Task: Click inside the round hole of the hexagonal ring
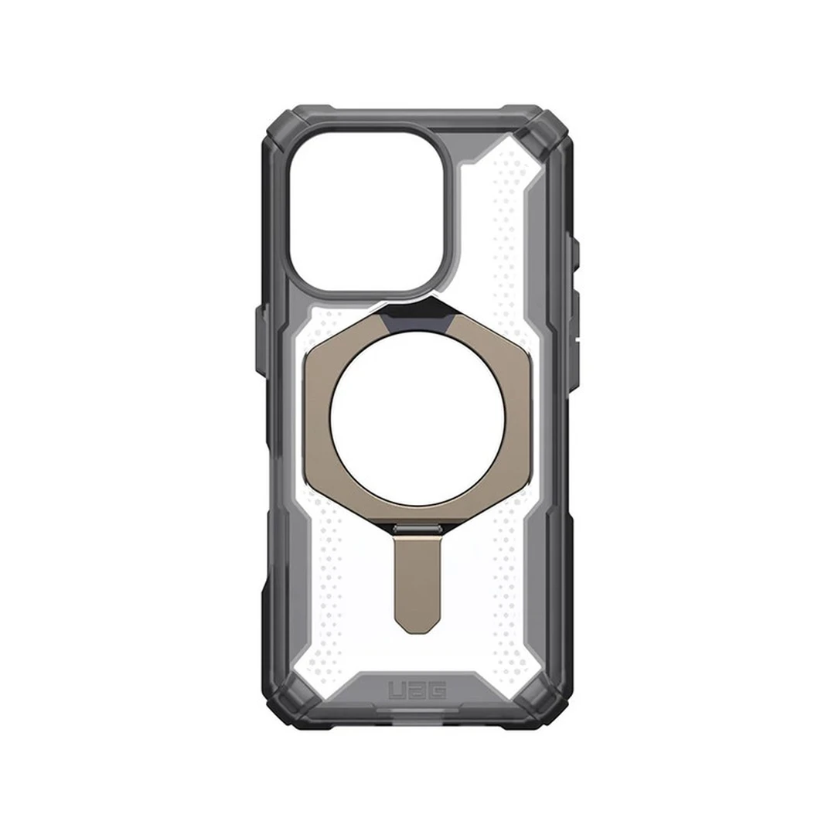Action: pos(418,419)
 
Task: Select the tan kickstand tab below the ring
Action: pos(418,576)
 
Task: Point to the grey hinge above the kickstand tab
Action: pos(418,528)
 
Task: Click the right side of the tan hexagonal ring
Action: pos(518,419)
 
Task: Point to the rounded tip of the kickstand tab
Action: pos(418,622)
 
